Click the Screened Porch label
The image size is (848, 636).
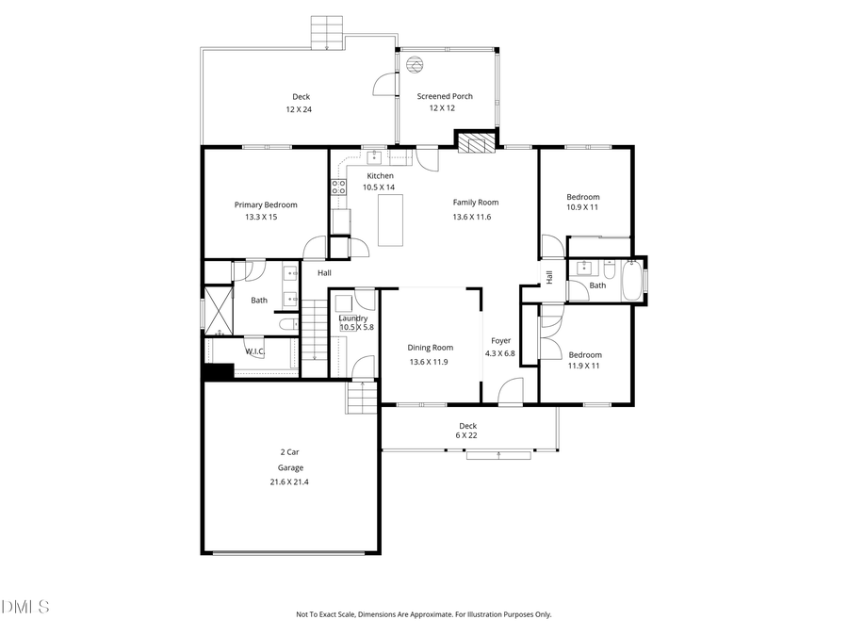(x=445, y=96)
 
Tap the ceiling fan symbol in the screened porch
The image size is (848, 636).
(x=415, y=64)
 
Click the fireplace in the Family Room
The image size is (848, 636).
(x=475, y=141)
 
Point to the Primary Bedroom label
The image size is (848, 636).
(x=266, y=204)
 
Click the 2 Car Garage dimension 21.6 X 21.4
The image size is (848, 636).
(x=289, y=482)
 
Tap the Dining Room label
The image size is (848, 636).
(x=430, y=348)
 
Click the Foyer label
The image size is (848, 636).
(x=500, y=340)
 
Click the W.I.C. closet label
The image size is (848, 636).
(x=254, y=351)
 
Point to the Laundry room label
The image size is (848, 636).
(x=353, y=318)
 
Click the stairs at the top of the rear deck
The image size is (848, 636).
(x=328, y=32)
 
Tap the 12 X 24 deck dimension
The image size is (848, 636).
(x=299, y=109)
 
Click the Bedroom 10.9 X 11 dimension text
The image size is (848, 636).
(x=582, y=207)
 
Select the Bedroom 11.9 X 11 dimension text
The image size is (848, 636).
(x=584, y=366)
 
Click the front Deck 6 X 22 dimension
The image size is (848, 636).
(x=467, y=435)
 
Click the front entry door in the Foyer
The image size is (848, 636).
(x=510, y=392)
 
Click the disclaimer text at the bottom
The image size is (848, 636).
(x=424, y=614)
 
